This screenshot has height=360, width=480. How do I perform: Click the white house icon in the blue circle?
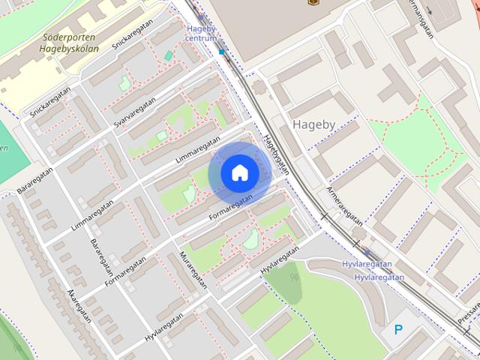(239, 173)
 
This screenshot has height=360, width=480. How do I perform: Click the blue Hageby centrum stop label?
(201, 33)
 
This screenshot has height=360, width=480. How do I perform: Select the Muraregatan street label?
(192, 270)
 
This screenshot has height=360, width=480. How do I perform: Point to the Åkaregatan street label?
(78, 306)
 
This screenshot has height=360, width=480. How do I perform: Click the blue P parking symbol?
(398, 328)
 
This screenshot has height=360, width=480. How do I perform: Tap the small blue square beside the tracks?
(221, 52)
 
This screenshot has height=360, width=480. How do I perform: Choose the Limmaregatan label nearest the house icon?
(197, 151)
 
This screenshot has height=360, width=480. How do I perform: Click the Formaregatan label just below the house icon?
(230, 206)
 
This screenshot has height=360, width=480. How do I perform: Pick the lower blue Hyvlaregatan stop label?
(379, 277)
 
